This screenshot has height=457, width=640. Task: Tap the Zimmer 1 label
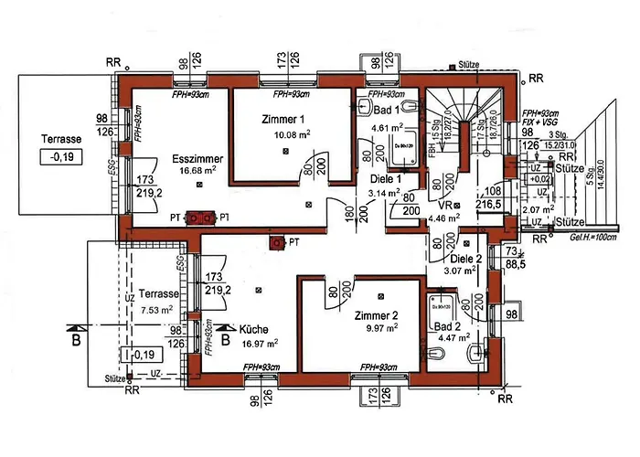pos(283,120)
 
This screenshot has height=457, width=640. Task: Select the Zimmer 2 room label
pos(377,315)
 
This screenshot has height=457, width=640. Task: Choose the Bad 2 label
pos(446,326)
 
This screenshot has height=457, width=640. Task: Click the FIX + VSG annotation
pos(539,121)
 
